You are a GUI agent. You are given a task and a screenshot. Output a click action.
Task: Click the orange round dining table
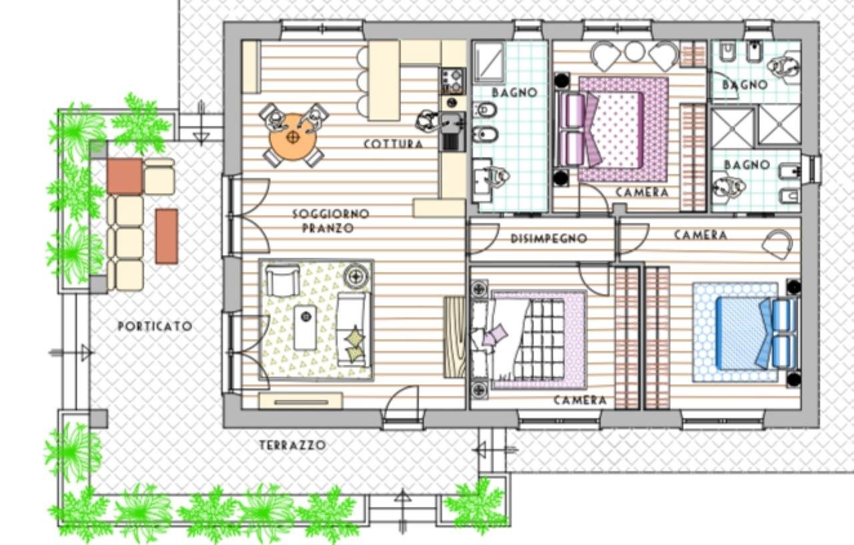[293, 137]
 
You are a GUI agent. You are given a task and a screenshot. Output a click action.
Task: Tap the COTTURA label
[393, 144]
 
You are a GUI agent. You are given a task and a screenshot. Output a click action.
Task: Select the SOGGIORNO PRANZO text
[330, 220]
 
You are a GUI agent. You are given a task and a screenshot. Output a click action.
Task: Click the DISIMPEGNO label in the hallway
[548, 238]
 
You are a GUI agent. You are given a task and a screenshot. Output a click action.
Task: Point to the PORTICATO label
[155, 327]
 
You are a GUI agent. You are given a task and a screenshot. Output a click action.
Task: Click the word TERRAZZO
[293, 445]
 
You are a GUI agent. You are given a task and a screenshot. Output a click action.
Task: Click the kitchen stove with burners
[453, 81]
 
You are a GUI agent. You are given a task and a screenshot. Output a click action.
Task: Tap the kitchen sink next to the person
[453, 131]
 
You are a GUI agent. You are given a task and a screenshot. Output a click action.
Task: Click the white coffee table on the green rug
[305, 327]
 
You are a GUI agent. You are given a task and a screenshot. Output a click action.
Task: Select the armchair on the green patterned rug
[282, 281]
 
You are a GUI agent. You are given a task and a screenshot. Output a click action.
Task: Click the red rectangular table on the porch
[167, 236]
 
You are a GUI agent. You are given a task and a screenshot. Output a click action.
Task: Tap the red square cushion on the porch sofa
[125, 177]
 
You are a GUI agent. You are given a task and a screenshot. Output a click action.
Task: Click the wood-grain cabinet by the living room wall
[455, 337]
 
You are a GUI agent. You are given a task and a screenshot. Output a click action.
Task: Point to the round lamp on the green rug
[356, 276]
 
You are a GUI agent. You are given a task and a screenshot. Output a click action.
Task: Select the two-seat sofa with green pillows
[353, 329]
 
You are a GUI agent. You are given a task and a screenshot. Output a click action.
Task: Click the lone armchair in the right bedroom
[777, 244]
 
